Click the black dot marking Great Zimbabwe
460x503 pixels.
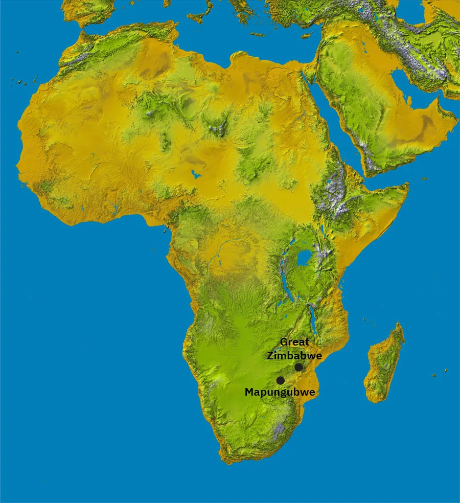click(x=298, y=367)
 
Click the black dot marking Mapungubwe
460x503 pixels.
click(x=280, y=380)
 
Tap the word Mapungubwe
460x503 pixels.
click(x=279, y=393)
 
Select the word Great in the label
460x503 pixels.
click(x=294, y=342)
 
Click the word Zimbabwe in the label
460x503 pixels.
click(x=294, y=356)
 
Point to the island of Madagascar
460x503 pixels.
click(x=384, y=363)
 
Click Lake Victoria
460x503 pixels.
click(x=304, y=258)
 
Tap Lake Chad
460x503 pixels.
click(x=195, y=174)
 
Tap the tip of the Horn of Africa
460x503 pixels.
click(x=408, y=187)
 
